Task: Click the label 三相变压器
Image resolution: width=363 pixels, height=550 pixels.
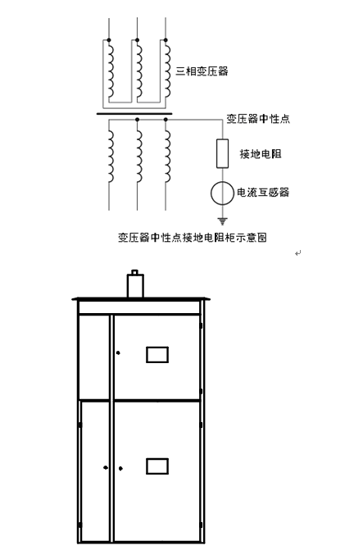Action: point(202,71)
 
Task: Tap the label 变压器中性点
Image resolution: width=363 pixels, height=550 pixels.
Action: point(258,119)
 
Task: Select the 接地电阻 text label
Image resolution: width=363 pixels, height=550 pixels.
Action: point(261,153)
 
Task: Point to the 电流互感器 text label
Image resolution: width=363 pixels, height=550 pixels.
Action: point(263,193)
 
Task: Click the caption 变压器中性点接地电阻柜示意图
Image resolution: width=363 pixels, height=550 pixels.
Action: point(193,238)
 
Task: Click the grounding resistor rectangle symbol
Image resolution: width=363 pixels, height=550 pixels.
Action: point(222,153)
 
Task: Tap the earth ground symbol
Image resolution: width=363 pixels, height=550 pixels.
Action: point(222,221)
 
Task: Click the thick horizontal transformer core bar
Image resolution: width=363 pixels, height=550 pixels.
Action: point(134,114)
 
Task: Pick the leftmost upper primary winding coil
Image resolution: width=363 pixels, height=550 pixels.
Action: point(111,70)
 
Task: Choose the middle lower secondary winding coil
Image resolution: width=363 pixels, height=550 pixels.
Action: point(139,157)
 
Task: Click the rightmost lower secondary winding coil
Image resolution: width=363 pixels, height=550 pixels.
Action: point(168,157)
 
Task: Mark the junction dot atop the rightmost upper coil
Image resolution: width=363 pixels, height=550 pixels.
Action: point(166,40)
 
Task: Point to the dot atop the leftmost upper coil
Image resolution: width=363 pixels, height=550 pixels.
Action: point(109,40)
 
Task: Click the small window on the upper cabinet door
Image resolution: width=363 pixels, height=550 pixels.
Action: point(157,355)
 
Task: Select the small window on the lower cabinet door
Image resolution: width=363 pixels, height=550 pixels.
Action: point(157,466)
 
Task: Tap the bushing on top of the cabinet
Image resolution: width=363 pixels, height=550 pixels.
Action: point(135,284)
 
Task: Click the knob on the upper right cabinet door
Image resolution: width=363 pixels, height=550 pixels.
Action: point(118,352)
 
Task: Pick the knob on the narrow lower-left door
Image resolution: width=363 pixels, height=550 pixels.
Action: point(105,467)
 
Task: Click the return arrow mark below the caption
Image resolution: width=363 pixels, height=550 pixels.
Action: point(298,253)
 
